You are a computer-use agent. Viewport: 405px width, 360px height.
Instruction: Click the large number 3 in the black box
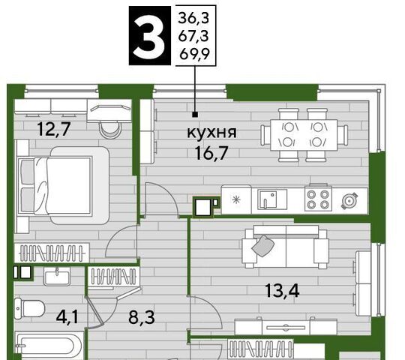[x=150, y=36]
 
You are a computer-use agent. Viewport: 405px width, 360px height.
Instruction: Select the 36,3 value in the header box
[x=193, y=18]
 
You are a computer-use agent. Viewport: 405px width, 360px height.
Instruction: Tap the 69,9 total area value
[x=194, y=54]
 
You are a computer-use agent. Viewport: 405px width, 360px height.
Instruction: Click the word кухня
[x=211, y=133]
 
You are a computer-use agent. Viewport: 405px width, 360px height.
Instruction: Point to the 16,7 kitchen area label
[x=211, y=153]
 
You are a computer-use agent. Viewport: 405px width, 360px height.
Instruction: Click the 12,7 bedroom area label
[x=54, y=129]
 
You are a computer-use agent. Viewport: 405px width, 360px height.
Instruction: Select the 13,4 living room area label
[x=282, y=290]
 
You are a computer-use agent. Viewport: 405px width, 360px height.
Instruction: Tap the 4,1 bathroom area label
[x=67, y=317]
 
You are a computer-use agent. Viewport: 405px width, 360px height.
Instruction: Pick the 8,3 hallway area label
[x=142, y=317]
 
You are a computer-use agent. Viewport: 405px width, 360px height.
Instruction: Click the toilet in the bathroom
[x=29, y=308]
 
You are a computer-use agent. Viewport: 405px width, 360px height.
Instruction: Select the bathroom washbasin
[x=57, y=276]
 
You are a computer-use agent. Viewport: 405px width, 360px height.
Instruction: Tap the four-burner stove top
[x=318, y=199]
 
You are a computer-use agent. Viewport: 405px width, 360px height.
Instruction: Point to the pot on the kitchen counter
[x=349, y=201]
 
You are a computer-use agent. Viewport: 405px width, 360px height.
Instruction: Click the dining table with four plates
[x=304, y=135]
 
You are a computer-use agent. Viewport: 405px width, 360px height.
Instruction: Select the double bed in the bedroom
[x=63, y=185]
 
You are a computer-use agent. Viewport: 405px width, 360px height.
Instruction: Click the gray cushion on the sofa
[x=262, y=245]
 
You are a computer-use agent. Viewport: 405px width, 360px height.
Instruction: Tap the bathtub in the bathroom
[x=49, y=346]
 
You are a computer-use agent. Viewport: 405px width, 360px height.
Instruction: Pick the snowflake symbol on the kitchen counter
[x=235, y=199]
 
